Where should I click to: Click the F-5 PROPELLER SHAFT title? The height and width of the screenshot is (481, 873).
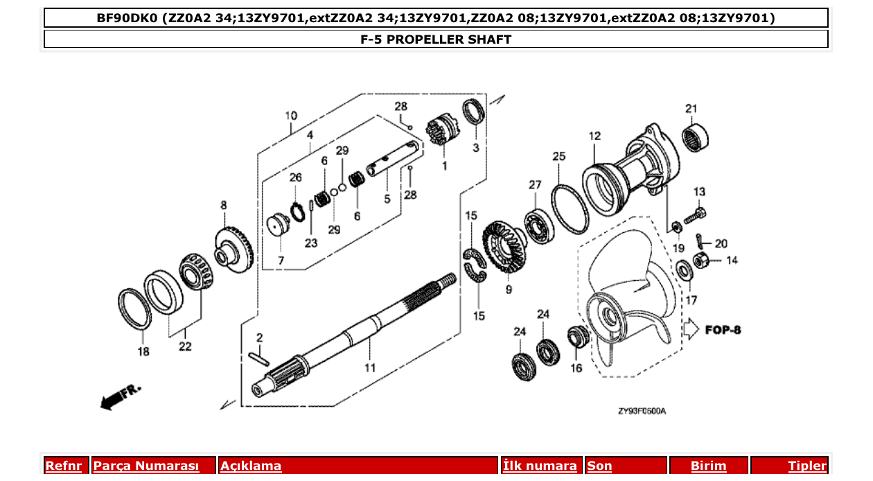pos(435,40)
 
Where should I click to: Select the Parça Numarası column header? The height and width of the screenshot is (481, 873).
pos(146,466)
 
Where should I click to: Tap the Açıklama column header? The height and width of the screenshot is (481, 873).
pos(251,466)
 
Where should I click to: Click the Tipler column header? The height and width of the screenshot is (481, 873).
pos(806,466)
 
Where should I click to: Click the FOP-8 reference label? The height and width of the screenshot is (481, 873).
pos(723,330)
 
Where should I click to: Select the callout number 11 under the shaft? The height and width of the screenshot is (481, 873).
pos(370,367)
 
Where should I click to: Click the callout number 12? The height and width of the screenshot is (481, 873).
pos(594,136)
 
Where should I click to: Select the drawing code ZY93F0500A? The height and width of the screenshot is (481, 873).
pos(642,411)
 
